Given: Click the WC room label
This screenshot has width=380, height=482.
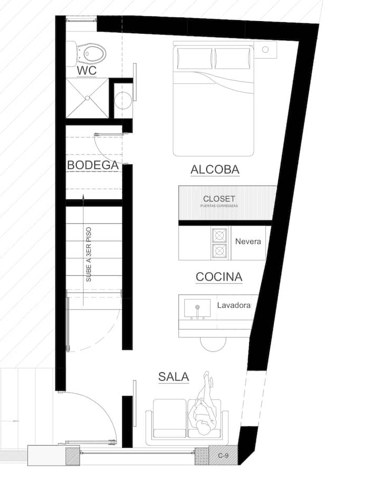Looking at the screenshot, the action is pos(87,70).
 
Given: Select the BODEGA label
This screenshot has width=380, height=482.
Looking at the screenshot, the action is pos(92,165).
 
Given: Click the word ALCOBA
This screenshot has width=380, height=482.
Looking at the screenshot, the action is pos(215,169).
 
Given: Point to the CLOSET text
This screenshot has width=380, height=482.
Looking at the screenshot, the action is pos(219,199).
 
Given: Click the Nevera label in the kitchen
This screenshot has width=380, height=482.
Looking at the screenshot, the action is pos(248,242).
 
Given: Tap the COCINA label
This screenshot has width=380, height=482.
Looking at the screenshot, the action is pos(219,277).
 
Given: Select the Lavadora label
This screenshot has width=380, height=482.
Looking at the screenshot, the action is pos(234,305).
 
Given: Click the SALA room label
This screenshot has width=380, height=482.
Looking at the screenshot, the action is pos(174,377).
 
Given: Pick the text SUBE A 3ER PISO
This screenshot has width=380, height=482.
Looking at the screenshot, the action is pos(89,255).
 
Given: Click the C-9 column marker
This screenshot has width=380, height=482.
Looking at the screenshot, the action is pos(223,455).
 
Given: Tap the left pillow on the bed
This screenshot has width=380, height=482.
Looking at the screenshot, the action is pos(195,59).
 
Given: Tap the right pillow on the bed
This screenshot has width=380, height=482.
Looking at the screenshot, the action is pos(233,59).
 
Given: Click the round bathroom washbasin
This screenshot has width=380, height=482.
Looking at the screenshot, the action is pos(123,100).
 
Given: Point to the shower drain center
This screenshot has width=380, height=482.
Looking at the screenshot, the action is pos(88,98).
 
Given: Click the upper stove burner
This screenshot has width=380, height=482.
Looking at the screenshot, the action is pos(220,236).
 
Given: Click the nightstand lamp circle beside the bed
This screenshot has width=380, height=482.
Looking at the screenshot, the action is pos(265,50).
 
